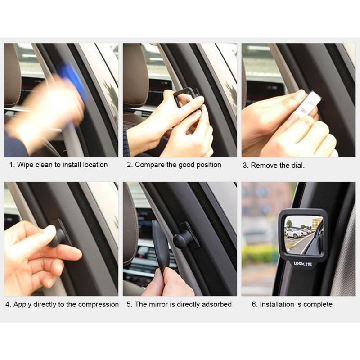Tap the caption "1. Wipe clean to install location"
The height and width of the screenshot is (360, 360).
point(58,165)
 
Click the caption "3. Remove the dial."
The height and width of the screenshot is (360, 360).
point(274,165)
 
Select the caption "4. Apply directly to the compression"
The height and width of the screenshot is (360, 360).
point(62,304)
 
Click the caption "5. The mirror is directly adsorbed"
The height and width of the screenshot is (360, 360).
point(179,304)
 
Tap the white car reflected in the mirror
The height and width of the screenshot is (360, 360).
point(295,233)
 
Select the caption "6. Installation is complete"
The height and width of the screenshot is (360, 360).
point(292,304)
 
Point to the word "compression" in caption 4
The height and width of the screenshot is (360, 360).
point(98,304)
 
